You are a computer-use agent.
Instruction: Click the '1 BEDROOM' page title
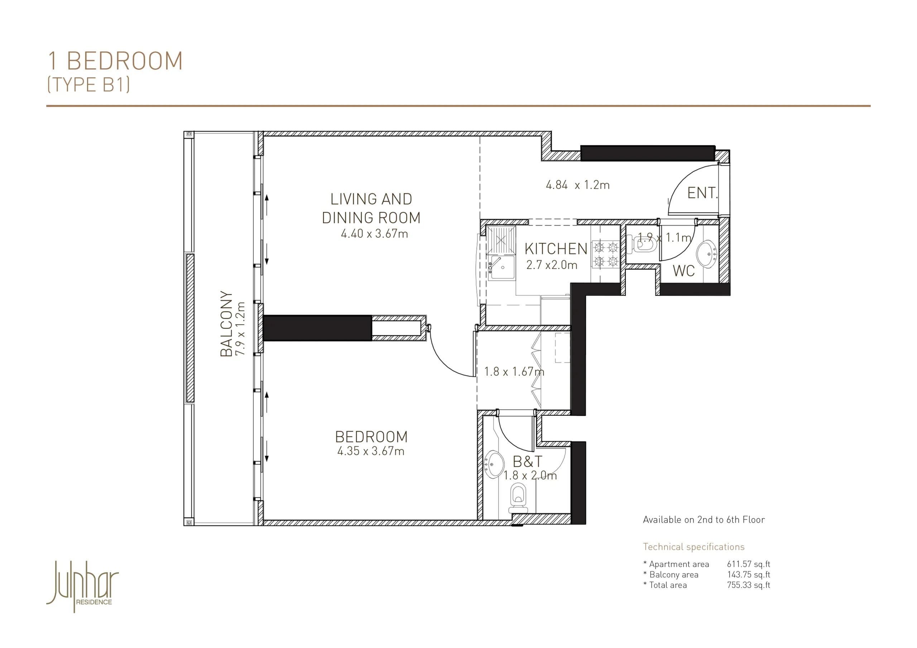(x=115, y=61)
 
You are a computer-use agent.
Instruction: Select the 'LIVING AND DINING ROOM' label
(x=371, y=208)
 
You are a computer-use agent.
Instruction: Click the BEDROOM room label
(x=371, y=437)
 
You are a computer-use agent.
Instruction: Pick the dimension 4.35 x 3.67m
(x=371, y=451)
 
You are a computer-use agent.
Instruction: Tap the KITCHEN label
(x=556, y=249)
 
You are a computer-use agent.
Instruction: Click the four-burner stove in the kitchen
(x=606, y=254)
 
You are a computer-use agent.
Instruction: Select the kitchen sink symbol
(x=501, y=267)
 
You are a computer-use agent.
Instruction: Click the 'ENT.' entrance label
(x=702, y=193)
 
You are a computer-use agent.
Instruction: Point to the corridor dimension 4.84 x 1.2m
(x=577, y=185)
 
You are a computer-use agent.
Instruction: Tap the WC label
(x=683, y=271)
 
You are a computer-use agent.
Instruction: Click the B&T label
(x=528, y=462)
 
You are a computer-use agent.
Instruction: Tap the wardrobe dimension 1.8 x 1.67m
(x=514, y=372)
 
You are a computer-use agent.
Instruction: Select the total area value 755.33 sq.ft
(x=748, y=585)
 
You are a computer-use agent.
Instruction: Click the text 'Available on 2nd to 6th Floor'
(x=704, y=520)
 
